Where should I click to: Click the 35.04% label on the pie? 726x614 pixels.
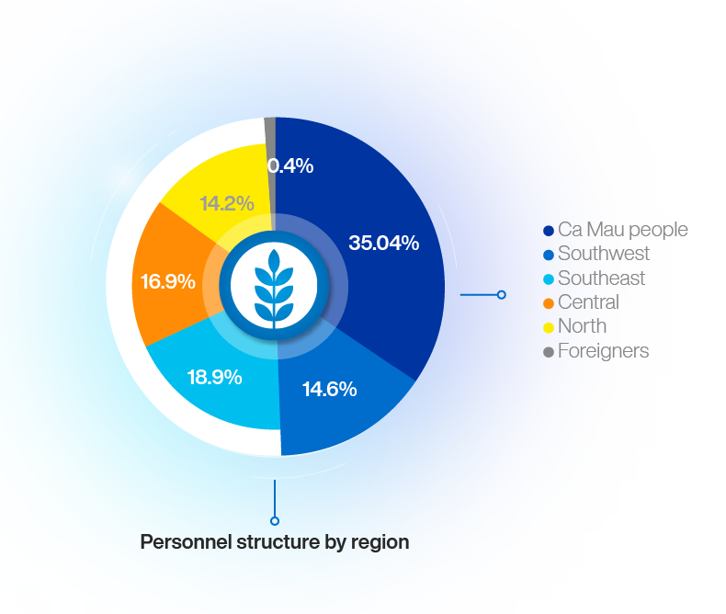coord(384,243)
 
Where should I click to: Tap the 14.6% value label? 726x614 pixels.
coord(330,389)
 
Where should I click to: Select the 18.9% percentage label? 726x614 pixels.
coord(214,378)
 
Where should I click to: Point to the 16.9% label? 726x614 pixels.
coord(167,281)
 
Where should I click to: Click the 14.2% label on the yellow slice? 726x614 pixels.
coord(227,203)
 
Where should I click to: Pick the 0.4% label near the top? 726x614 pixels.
coord(290,165)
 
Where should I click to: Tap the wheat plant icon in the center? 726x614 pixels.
coord(274,288)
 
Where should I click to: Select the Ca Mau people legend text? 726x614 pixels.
coord(623,230)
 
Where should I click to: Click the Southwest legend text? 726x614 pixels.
coord(604,254)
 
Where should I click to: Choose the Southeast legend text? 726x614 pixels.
coord(601,278)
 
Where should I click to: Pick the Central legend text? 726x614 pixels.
coord(588,301)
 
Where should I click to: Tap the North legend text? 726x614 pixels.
coord(582,326)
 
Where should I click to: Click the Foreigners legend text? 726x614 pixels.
coord(603,351)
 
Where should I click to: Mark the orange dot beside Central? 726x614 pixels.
coord(549,303)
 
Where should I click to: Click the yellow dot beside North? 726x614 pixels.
coord(549,328)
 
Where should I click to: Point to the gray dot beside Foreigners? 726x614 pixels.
coord(549,352)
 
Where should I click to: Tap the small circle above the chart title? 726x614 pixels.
coord(275,521)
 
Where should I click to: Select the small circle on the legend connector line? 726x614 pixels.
coord(502,294)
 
